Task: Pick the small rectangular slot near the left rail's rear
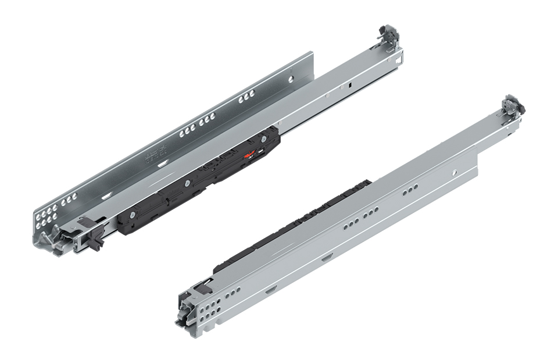[351, 85]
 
